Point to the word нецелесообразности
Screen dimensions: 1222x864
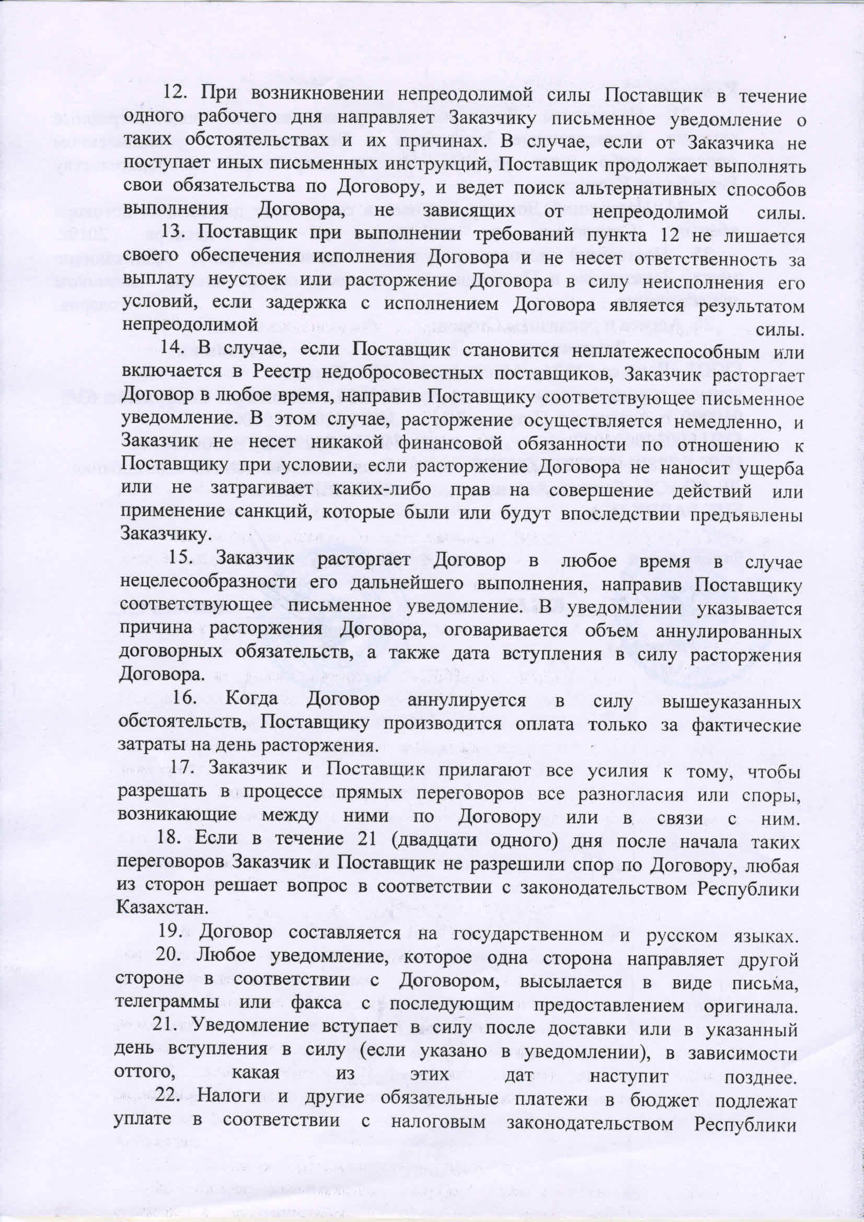208,584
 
